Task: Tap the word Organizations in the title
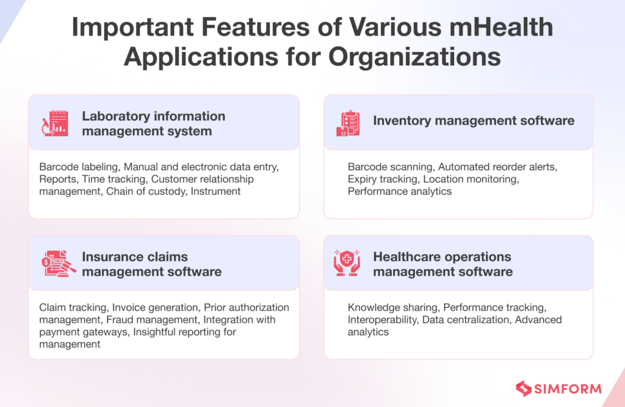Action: click(414, 57)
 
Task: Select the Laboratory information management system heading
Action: click(153, 123)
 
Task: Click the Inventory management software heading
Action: click(473, 120)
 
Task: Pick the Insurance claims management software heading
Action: click(151, 264)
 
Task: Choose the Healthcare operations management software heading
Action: click(443, 264)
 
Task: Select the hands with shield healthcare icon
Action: click(348, 263)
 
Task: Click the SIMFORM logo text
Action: click(568, 389)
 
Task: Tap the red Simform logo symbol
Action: click(523, 388)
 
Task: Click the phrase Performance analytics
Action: click(400, 191)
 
